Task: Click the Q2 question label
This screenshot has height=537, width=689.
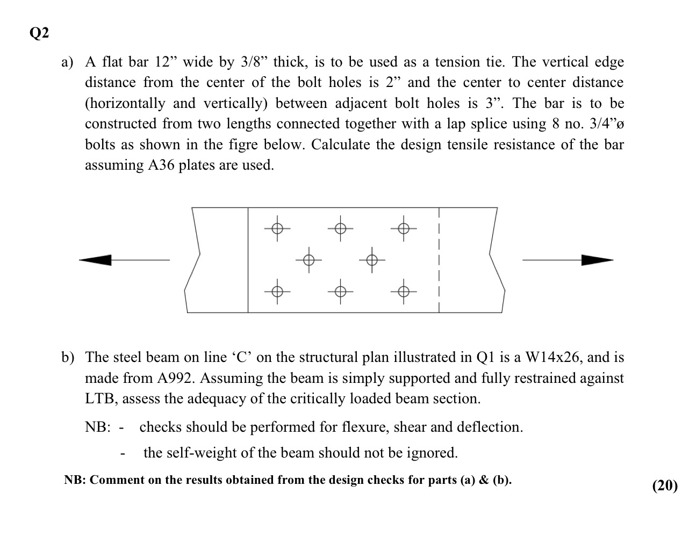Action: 39,33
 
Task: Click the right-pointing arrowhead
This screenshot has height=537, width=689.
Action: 597,260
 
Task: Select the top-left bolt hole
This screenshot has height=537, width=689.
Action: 277,229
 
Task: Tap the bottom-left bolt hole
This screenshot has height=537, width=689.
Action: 277,292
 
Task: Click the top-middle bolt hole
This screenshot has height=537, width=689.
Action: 340,229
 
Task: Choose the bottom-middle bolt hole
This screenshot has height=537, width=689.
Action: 340,292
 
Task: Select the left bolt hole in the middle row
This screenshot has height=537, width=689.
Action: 308,260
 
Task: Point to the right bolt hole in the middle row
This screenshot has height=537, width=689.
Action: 372,260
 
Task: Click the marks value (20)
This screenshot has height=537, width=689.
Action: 665,485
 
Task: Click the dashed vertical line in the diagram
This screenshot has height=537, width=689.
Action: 439,260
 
